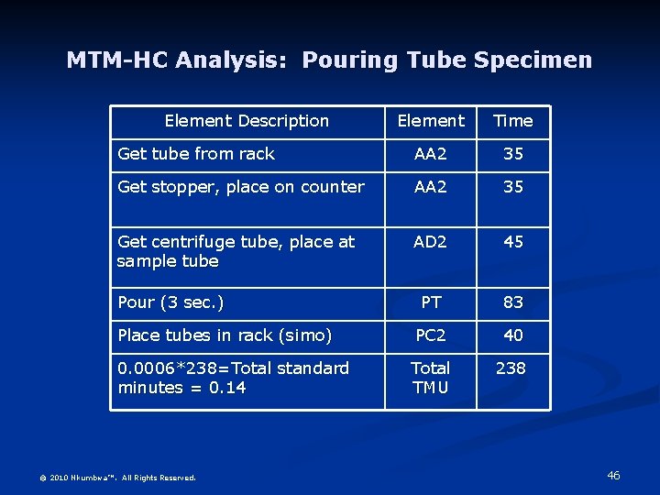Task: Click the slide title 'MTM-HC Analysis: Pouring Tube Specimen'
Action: (329, 60)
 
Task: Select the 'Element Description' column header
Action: (247, 121)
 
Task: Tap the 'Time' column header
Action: (512, 121)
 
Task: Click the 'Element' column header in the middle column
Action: (430, 121)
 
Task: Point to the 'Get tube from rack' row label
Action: (196, 154)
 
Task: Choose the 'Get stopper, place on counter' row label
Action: (241, 187)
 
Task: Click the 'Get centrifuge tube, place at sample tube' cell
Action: (236, 251)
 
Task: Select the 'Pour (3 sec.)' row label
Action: (170, 302)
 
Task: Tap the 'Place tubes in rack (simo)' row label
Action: (225, 335)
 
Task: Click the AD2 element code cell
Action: (430, 242)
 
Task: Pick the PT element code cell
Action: (430, 302)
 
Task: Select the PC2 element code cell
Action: (430, 335)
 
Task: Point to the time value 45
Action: (513, 242)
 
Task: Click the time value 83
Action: (513, 302)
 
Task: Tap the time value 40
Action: (513, 335)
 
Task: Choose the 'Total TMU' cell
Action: (430, 378)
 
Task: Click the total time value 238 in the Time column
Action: (511, 368)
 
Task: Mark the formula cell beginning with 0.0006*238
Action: (233, 378)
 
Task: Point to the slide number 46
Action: (613, 476)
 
